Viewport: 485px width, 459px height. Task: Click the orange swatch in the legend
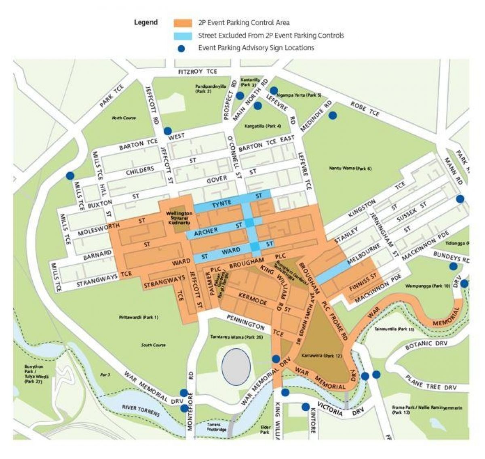pyautogui.click(x=183, y=23)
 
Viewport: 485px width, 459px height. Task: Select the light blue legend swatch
pyautogui.click(x=183, y=36)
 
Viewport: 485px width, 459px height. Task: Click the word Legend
pyautogui.click(x=146, y=22)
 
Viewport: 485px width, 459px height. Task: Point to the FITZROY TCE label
pyautogui.click(x=198, y=72)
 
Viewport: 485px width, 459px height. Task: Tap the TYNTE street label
pyautogui.click(x=222, y=202)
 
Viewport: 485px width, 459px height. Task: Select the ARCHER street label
pyautogui.click(x=206, y=232)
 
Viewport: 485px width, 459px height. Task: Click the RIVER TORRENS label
pyautogui.click(x=141, y=411)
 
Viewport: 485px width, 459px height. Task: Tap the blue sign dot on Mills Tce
pyautogui.click(x=70, y=176)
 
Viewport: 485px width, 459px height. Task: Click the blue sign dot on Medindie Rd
pyautogui.click(x=333, y=116)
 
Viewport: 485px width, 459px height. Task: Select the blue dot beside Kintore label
pyautogui.click(x=306, y=406)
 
